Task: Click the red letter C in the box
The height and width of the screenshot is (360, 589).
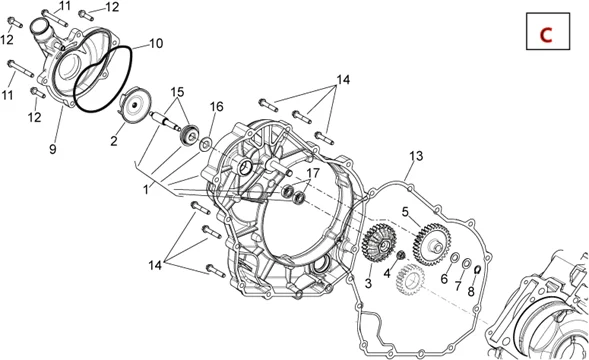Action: coord(546,35)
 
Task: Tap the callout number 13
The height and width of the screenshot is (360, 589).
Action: coord(416,156)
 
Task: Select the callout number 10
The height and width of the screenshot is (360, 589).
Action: coord(156,44)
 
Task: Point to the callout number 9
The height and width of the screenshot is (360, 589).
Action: coord(53,149)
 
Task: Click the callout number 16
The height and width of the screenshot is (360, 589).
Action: coord(216,107)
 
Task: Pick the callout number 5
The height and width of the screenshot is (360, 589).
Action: coord(405,212)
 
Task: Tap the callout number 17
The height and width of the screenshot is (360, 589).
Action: coord(313,173)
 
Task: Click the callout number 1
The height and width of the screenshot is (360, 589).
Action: coord(146,190)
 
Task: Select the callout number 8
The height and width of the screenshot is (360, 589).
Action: coord(471,291)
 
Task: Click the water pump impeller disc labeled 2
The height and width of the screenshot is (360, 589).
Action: coord(136,105)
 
